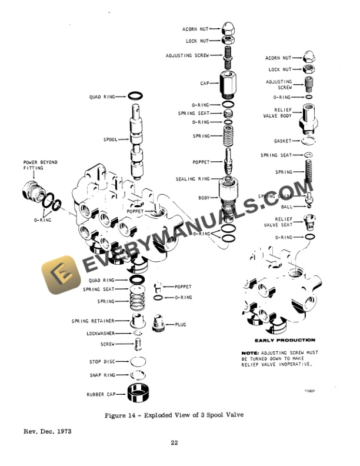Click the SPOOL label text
point(111,141)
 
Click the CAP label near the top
point(205,84)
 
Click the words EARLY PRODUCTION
point(285,340)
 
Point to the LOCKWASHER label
point(100,333)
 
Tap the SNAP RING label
point(102,374)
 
